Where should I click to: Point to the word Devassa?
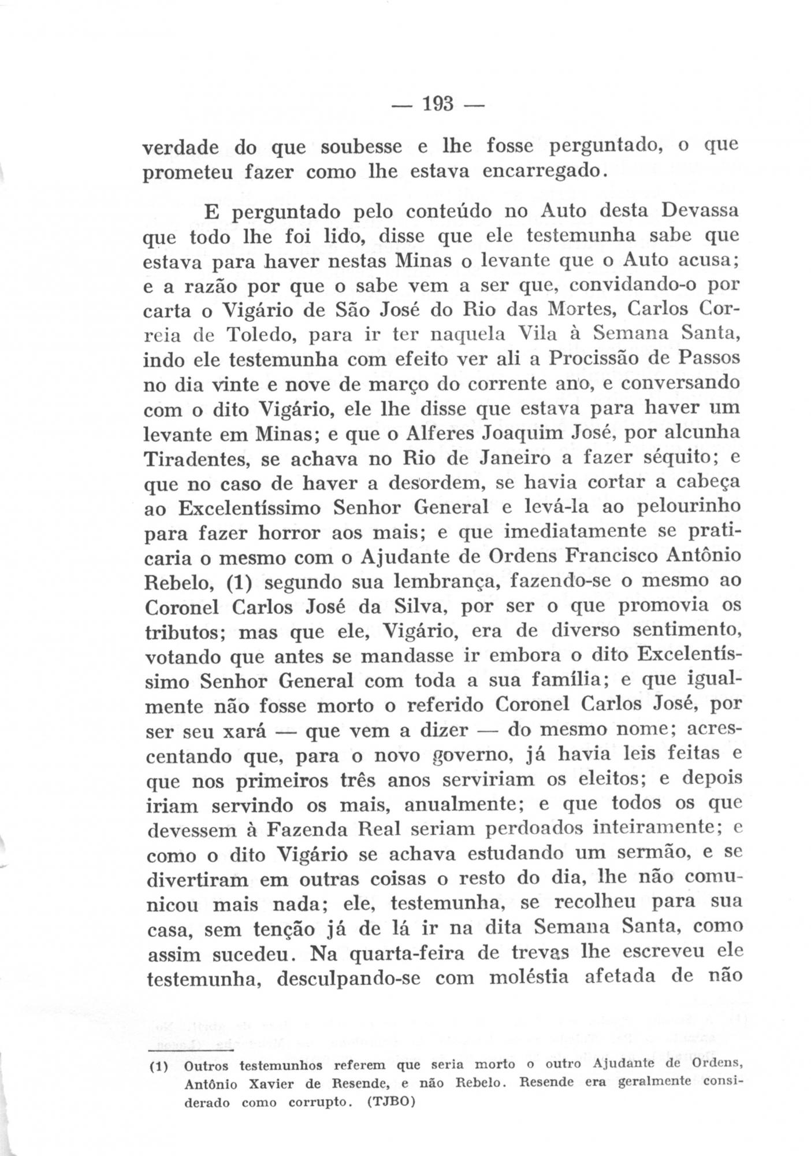700,211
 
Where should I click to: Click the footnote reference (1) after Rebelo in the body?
237,581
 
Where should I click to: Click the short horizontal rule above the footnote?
190,1048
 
